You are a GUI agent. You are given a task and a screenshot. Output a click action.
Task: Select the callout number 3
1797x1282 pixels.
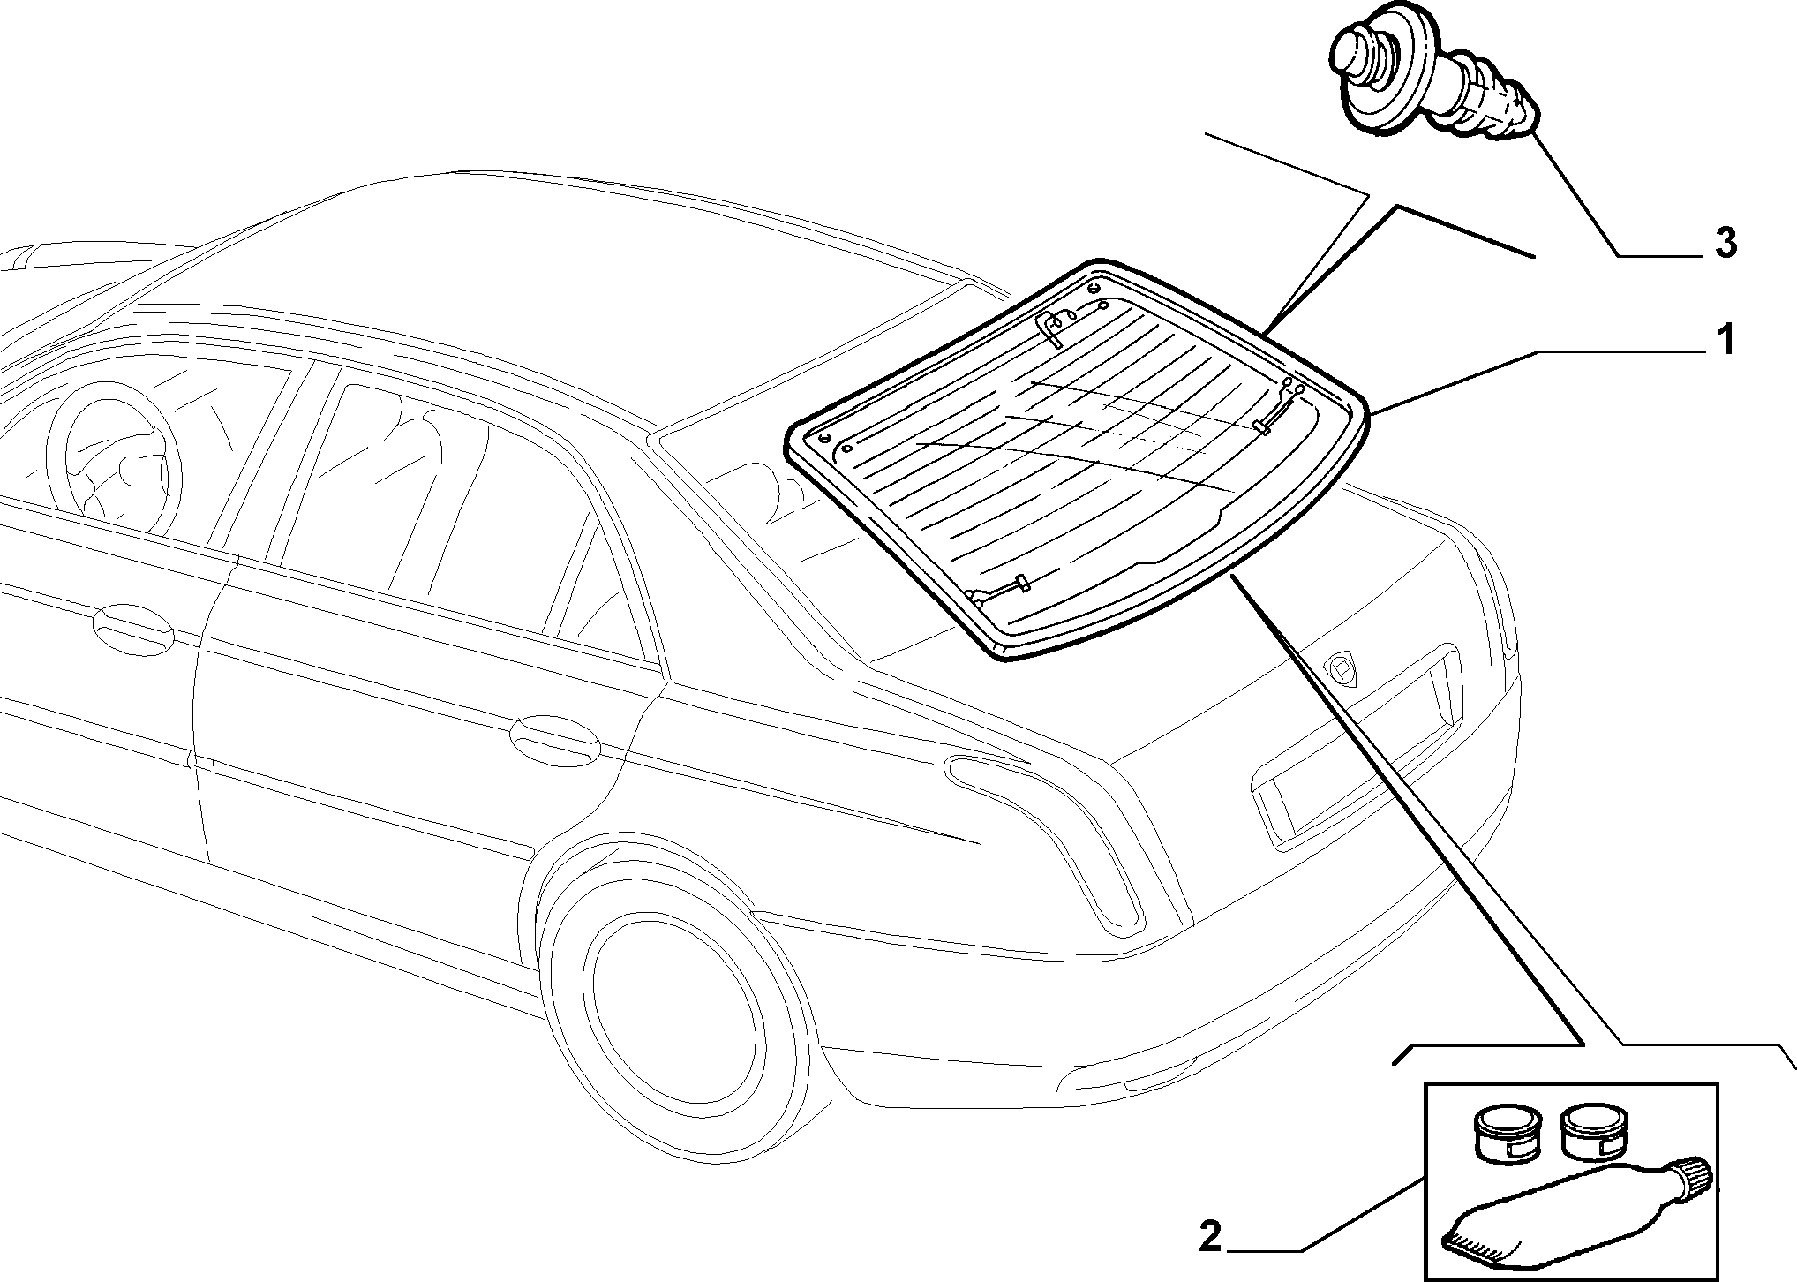click(x=1725, y=242)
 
